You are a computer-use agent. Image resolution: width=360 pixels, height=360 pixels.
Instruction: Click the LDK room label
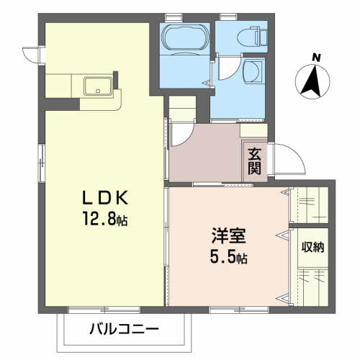coord(105,197)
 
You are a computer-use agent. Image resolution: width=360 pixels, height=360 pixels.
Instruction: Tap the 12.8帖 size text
coord(105,219)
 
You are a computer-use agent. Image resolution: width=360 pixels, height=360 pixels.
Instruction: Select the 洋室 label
coord(228,235)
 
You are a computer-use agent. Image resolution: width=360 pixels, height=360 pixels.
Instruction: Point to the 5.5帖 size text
coord(228,256)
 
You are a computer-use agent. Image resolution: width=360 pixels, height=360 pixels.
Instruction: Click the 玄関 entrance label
coord(254,161)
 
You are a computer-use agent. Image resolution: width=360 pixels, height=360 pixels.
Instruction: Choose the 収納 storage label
coord(312,247)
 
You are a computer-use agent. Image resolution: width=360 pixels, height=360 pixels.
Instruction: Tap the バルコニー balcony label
coord(124,329)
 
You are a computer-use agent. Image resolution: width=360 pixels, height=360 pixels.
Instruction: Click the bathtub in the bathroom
coord(185,37)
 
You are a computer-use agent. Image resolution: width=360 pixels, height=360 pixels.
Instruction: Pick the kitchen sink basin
coord(98,86)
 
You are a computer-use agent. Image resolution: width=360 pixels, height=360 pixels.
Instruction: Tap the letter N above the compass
coord(317,58)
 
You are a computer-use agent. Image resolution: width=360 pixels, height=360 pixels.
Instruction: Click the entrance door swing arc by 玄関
coord(297,153)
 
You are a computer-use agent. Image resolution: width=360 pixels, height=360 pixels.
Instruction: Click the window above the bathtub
coord(174,17)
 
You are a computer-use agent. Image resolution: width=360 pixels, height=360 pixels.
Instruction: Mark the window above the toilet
coord(228,17)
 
